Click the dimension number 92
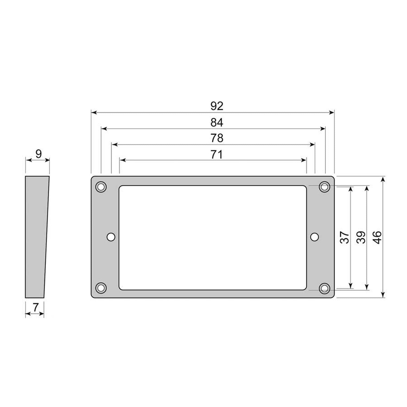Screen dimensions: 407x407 click(217, 106)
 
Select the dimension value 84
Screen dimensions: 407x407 click(217, 123)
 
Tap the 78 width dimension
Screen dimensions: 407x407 click(217, 138)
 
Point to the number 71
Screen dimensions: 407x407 click(217, 155)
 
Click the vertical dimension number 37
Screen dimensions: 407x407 click(345, 237)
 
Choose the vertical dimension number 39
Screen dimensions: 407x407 click(361, 237)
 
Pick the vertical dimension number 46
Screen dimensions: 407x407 click(377, 237)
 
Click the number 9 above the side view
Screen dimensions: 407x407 click(39, 154)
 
